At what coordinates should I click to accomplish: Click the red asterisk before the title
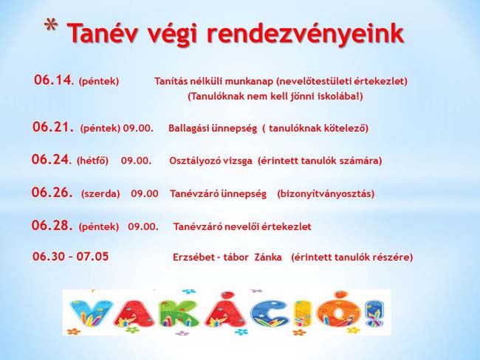[51, 26]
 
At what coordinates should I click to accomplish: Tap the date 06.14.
[54, 80]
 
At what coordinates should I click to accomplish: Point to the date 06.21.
[53, 127]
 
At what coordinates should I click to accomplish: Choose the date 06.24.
[51, 159]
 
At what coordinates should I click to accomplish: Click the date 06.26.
[52, 193]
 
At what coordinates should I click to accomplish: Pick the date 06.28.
[52, 226]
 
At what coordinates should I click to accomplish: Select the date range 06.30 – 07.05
[70, 256]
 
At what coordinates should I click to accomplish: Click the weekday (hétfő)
[92, 161]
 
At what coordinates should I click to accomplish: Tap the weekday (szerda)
[100, 194]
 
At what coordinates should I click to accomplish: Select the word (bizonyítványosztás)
[326, 194]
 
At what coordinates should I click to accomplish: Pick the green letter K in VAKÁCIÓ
[177, 314]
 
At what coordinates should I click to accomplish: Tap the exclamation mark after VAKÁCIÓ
[375, 314]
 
